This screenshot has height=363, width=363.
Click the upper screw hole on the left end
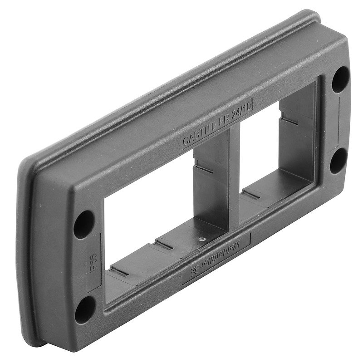(84, 222)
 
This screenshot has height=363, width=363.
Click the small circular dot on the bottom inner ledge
(201, 238)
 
